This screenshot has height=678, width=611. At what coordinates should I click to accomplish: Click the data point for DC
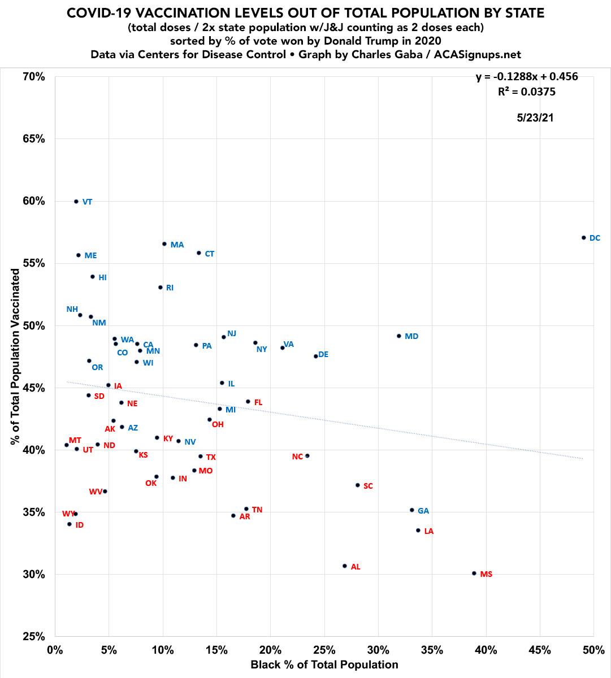[584, 238]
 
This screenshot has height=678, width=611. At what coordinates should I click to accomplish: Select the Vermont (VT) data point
[76, 201]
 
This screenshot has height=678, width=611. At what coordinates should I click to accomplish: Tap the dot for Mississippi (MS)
[474, 573]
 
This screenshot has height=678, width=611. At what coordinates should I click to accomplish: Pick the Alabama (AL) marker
[345, 566]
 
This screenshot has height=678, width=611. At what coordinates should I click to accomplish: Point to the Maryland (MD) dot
[399, 336]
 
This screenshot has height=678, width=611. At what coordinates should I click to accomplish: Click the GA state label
[423, 511]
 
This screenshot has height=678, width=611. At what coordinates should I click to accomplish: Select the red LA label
[429, 531]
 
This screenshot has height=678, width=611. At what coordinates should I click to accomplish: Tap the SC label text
[368, 486]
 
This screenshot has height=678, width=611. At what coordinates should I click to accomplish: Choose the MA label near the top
[177, 245]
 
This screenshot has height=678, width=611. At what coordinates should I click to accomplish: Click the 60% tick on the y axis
[34, 202]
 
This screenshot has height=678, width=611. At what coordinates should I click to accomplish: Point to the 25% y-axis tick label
[34, 637]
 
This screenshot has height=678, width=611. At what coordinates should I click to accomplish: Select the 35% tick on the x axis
[432, 650]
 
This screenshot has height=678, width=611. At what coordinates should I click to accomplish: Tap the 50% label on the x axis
[593, 650]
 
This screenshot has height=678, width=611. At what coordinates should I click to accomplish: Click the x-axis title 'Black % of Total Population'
[324, 665]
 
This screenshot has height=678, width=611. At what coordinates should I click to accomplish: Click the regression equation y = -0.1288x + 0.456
[527, 76]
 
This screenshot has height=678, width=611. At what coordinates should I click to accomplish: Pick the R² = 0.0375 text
[527, 92]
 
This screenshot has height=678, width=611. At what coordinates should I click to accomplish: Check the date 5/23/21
[535, 118]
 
